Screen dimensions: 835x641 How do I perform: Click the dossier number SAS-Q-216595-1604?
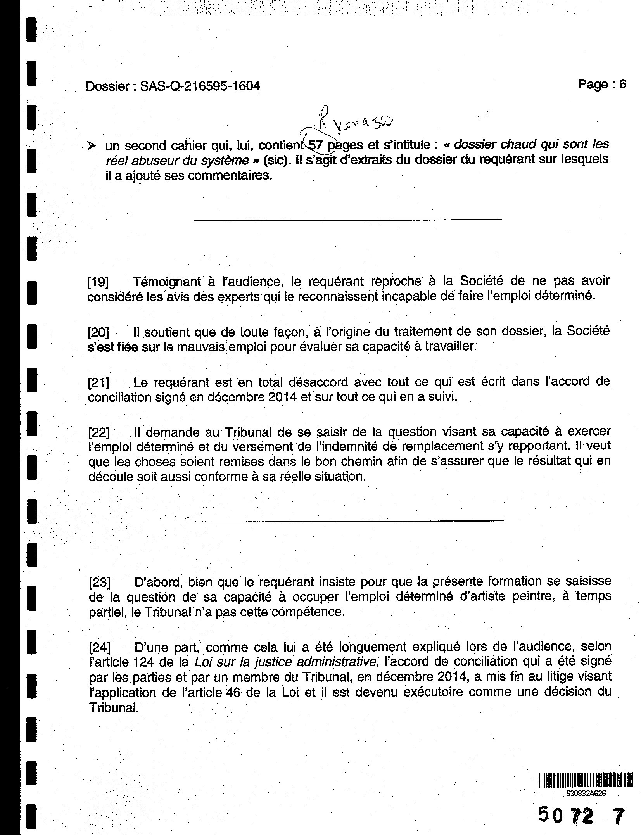pos(200,86)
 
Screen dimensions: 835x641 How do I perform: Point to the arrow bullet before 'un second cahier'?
pos(92,147)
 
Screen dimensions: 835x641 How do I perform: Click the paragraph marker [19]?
pos(98,282)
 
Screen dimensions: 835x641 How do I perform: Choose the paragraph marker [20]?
pos(98,332)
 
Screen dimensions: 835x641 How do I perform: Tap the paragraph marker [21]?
pos(98,383)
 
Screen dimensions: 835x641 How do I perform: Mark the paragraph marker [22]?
pos(99,432)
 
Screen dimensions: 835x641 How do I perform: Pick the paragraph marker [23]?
pos(99,583)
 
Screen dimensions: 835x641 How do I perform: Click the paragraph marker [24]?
pos(99,648)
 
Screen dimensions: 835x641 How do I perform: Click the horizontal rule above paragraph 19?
pos(347,220)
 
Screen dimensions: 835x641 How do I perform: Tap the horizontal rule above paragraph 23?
pos(349,520)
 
